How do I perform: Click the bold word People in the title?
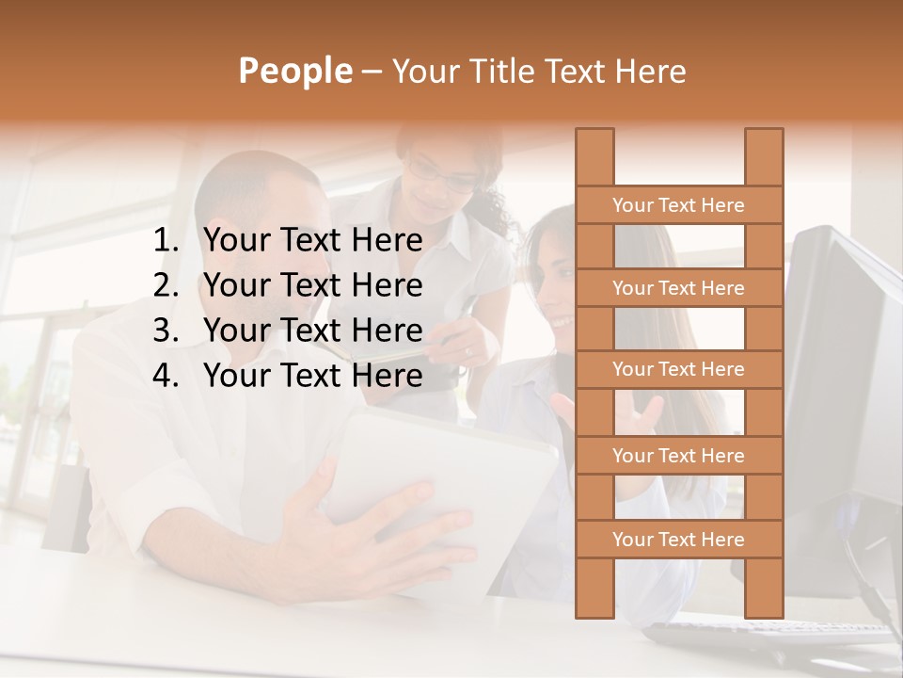click(294, 71)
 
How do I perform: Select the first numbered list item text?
click(312, 241)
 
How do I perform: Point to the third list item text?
click(312, 331)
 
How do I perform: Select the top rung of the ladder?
click(678, 205)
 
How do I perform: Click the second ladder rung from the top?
click(678, 288)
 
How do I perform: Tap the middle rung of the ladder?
click(678, 370)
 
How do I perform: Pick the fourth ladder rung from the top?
click(678, 456)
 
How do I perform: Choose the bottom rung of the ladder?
click(678, 540)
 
